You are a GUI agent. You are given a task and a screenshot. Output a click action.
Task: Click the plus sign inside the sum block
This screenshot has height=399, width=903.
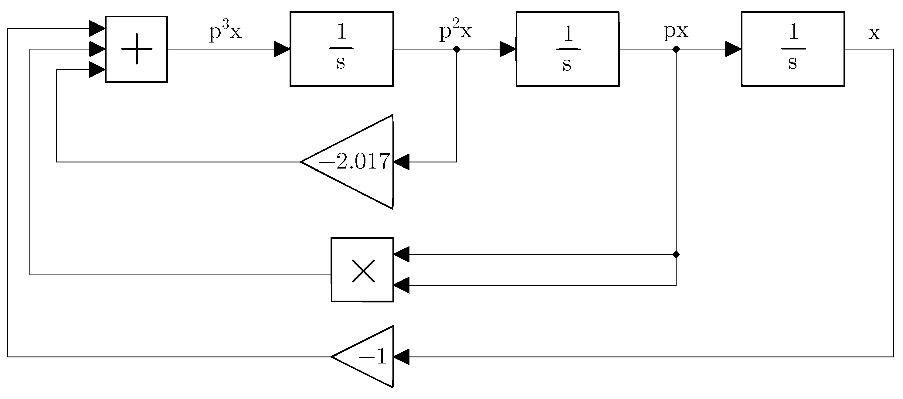click(x=137, y=49)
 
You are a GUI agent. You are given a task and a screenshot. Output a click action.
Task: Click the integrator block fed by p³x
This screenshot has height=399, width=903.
click(x=341, y=49)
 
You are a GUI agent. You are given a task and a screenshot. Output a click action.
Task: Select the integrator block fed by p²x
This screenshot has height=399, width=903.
click(x=567, y=49)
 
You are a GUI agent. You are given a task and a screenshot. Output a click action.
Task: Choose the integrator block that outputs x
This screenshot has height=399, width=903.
click(x=793, y=49)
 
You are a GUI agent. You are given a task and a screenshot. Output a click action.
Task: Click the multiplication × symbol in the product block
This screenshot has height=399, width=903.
click(x=363, y=271)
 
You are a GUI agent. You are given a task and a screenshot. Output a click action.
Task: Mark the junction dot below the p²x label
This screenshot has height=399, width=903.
click(x=457, y=49)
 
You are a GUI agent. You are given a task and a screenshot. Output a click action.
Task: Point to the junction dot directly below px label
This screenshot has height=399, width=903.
click(x=676, y=49)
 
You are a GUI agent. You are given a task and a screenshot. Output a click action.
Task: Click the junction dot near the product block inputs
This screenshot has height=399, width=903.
click(x=676, y=254)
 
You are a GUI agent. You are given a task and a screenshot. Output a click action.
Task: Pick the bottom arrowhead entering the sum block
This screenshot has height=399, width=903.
click(x=97, y=70)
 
